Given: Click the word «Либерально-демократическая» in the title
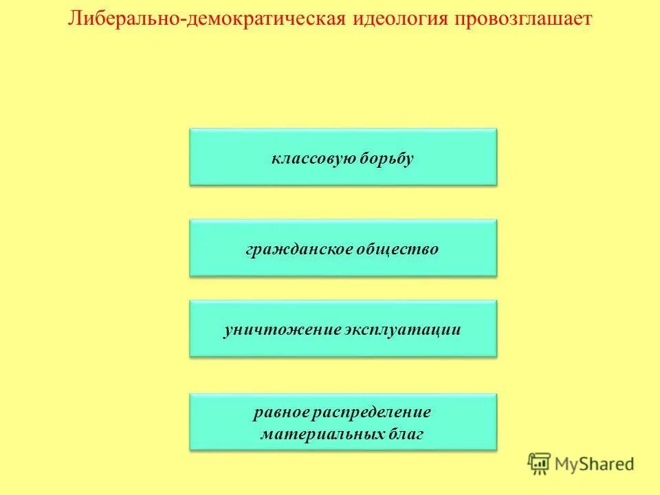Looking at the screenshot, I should coord(206,19).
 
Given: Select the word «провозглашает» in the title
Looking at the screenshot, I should coord(522,19).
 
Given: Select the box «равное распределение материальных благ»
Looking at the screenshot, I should coord(343,422).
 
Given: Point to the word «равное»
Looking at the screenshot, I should coord(280,412).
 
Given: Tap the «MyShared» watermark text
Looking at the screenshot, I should coord(595,465).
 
